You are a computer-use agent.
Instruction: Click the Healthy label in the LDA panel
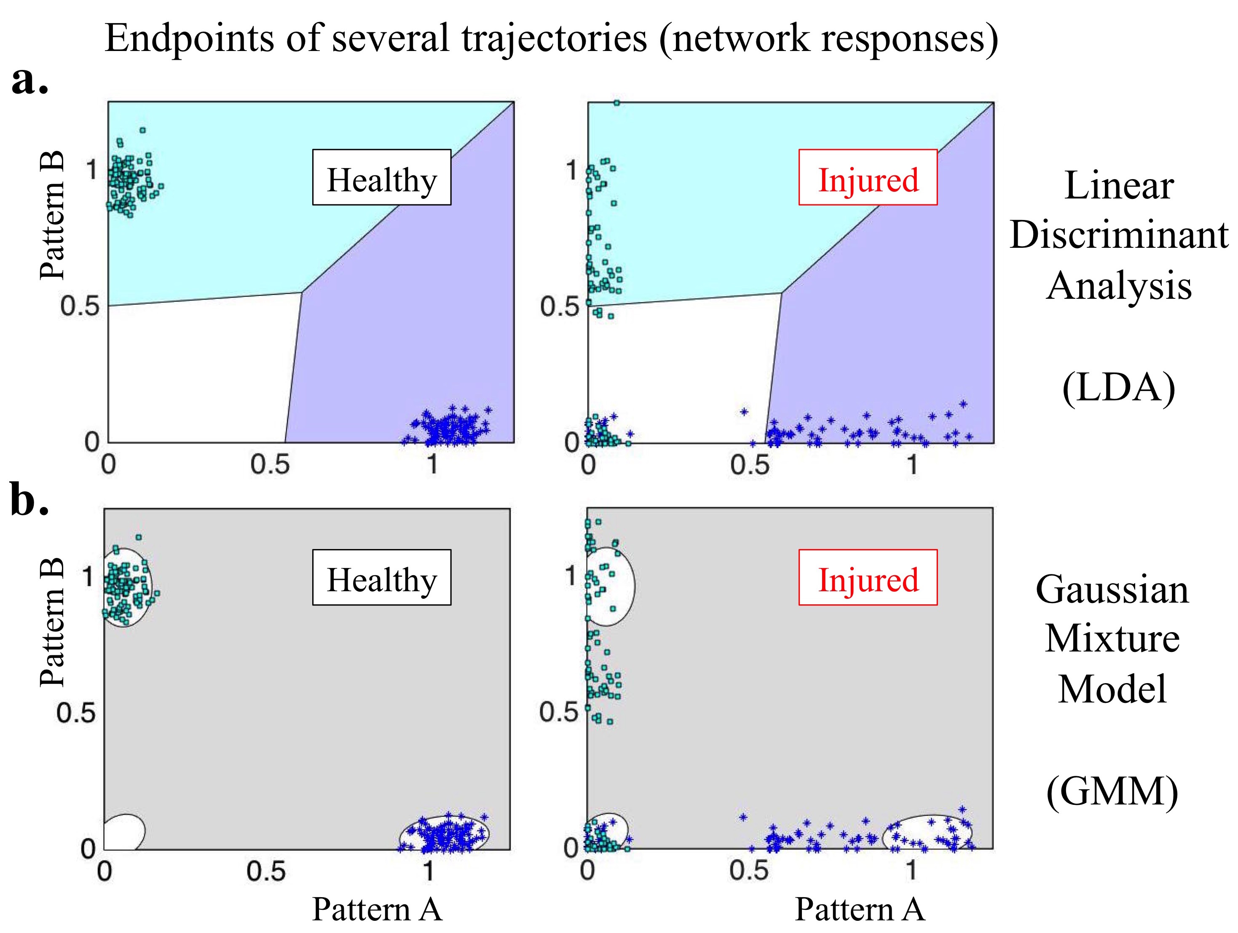coord(382,178)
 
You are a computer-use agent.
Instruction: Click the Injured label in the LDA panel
coord(868,178)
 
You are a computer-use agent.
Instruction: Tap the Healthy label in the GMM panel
coord(382,578)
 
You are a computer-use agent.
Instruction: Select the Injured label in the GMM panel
coord(868,578)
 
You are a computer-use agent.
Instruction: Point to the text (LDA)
coord(1118,387)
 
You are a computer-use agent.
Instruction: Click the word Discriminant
coord(1118,235)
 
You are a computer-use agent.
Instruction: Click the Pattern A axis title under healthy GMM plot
coord(377,909)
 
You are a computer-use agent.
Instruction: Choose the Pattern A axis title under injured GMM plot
coord(860,909)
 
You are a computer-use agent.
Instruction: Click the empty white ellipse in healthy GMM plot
coord(124,832)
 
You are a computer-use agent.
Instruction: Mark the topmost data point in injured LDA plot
coord(616,103)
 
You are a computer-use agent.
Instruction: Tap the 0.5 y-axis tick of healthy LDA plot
coord(80,306)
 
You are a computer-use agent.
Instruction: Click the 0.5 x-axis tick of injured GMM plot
coord(749,871)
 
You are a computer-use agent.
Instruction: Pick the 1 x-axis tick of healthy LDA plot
coord(432,464)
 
